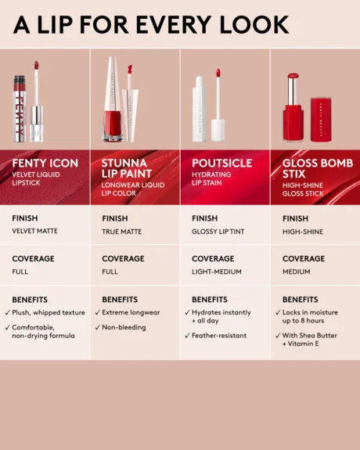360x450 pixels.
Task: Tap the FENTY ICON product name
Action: point(45,163)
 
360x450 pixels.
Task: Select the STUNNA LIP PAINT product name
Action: point(124,169)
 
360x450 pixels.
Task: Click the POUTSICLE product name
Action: point(221,163)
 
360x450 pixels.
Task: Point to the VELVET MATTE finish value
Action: point(34,232)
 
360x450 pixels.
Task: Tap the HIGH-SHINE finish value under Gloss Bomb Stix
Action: point(302,232)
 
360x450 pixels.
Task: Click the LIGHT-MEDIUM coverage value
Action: point(216,272)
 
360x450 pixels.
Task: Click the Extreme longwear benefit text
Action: point(131,312)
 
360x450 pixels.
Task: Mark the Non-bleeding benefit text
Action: point(124,327)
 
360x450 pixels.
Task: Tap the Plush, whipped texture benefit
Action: point(48,312)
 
